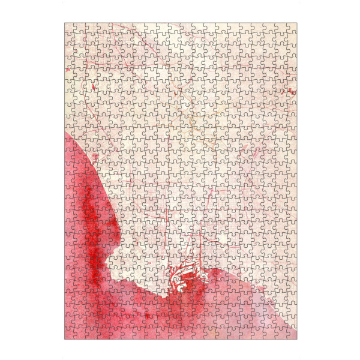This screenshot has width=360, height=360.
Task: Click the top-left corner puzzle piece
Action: coord(70,28)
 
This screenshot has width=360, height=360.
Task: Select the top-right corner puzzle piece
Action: coord(292,28)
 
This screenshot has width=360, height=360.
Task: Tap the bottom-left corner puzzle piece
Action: coord(70,334)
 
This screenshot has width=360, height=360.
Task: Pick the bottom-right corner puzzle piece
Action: coord(292,334)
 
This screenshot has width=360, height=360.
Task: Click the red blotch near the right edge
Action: coord(292,91)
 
